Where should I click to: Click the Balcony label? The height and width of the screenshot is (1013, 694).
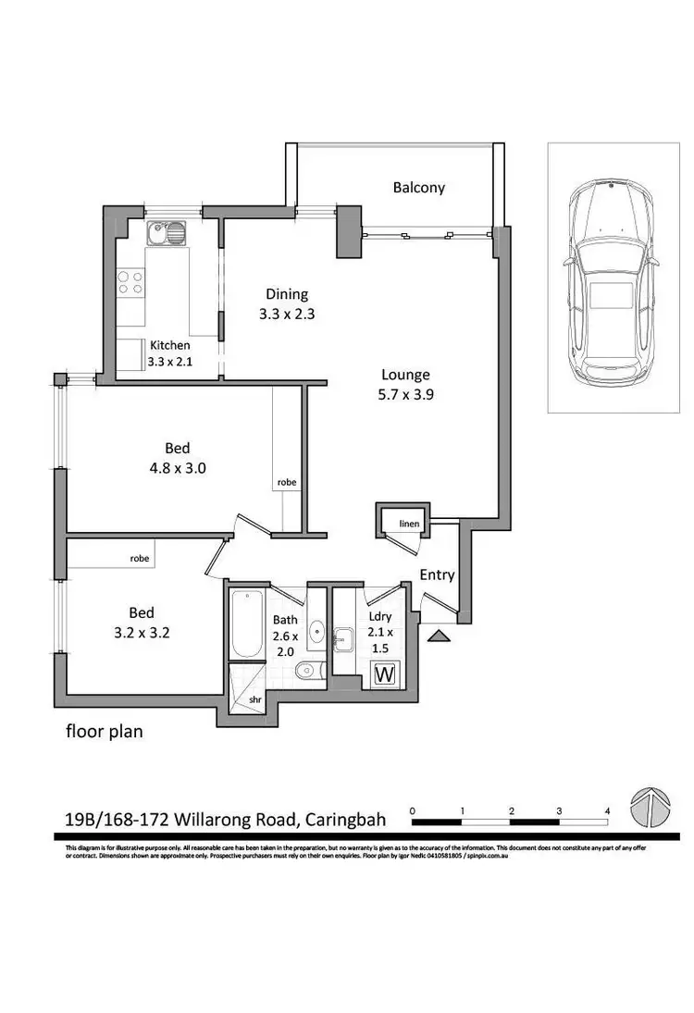point(418,188)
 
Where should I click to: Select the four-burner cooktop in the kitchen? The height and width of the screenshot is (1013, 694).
point(130,282)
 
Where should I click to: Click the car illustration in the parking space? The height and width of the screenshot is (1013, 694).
point(611,278)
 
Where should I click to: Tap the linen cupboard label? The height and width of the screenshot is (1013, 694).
point(408,525)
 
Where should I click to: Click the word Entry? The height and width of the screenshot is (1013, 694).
point(437,574)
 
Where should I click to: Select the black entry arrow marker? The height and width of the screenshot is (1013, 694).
point(439,635)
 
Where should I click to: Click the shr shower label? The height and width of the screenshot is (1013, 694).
point(255,700)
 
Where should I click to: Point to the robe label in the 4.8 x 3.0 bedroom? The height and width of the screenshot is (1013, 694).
point(285,483)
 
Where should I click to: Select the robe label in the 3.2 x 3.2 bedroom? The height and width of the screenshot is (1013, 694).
point(140,559)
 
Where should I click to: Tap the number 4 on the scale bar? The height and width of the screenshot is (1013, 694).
point(607,810)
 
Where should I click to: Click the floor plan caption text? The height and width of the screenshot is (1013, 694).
point(104,732)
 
